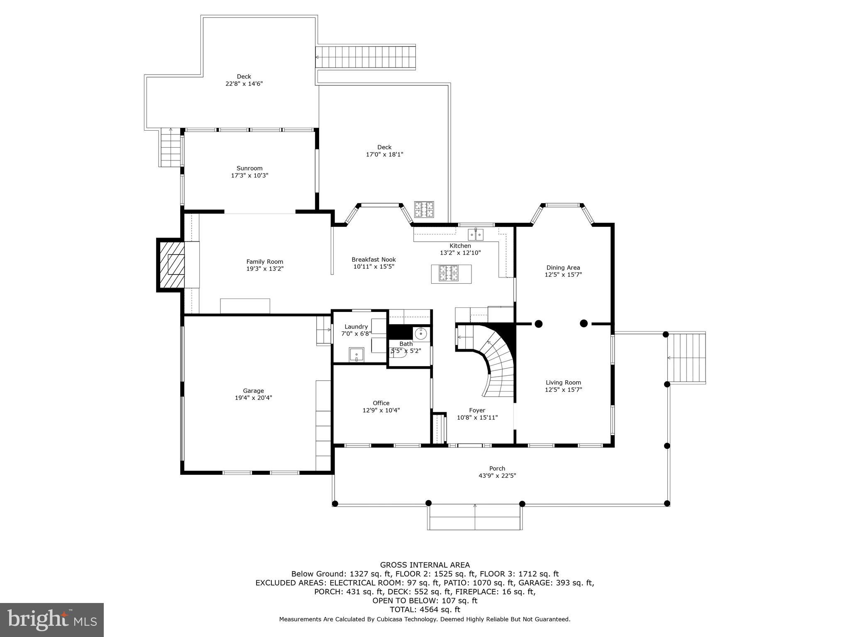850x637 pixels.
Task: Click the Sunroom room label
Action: [249, 168]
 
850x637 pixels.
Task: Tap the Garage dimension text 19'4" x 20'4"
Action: [253, 398]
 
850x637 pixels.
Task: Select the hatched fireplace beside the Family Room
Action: [171, 265]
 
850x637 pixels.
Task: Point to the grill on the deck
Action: [424, 209]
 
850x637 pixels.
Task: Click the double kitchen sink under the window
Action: [476, 235]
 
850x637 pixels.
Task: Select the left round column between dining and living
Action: [538, 323]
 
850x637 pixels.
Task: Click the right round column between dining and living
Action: [584, 323]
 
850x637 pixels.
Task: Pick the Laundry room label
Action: [356, 326]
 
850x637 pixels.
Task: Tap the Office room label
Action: [381, 403]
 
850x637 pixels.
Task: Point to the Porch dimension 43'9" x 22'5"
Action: [497, 476]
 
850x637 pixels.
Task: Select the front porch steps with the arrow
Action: [475, 517]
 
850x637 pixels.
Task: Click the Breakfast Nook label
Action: [374, 260]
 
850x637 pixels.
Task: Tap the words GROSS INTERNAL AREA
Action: [425, 565]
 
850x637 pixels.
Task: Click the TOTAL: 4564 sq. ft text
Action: [425, 610]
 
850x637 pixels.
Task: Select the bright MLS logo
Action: [52, 620]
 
